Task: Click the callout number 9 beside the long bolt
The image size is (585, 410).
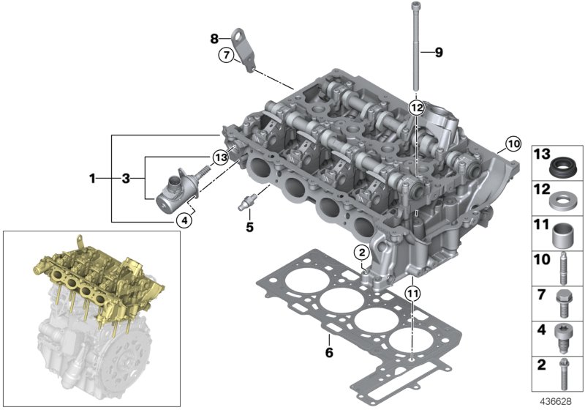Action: click(x=439, y=52)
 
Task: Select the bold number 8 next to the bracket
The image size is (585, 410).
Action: click(x=214, y=38)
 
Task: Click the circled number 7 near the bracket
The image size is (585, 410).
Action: click(x=226, y=54)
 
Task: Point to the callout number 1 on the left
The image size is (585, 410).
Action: click(x=93, y=178)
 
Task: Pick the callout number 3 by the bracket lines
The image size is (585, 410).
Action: click(x=125, y=178)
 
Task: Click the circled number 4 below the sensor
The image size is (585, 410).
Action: click(x=187, y=218)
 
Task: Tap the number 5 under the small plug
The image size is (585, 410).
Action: click(x=249, y=227)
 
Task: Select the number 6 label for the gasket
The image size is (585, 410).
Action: click(x=329, y=353)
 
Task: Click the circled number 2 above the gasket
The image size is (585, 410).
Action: click(x=360, y=253)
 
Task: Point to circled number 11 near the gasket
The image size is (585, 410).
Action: click(x=412, y=294)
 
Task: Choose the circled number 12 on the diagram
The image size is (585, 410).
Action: click(x=416, y=108)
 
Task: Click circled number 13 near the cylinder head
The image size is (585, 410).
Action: click(x=220, y=157)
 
